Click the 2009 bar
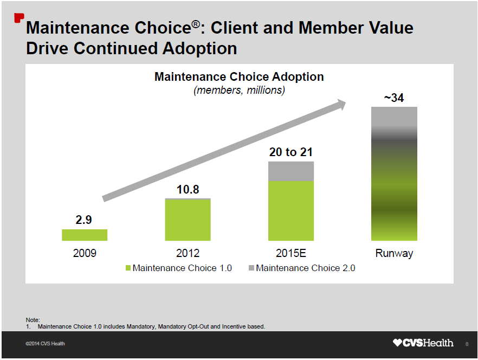85,235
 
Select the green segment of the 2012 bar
188,220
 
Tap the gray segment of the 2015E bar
291,171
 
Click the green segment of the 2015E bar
291,210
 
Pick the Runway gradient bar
394,173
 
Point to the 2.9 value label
83,220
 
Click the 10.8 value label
188,189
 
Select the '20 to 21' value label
291,152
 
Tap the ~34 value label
394,98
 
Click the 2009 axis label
85,253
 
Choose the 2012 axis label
188,253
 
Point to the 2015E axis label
291,253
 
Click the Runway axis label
394,253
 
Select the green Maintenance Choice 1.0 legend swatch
128,268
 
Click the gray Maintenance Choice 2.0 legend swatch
251,268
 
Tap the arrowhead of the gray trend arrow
341,104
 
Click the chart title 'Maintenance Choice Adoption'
239,76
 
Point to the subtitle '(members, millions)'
239,90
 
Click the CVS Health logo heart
398,343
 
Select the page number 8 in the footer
467,344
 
